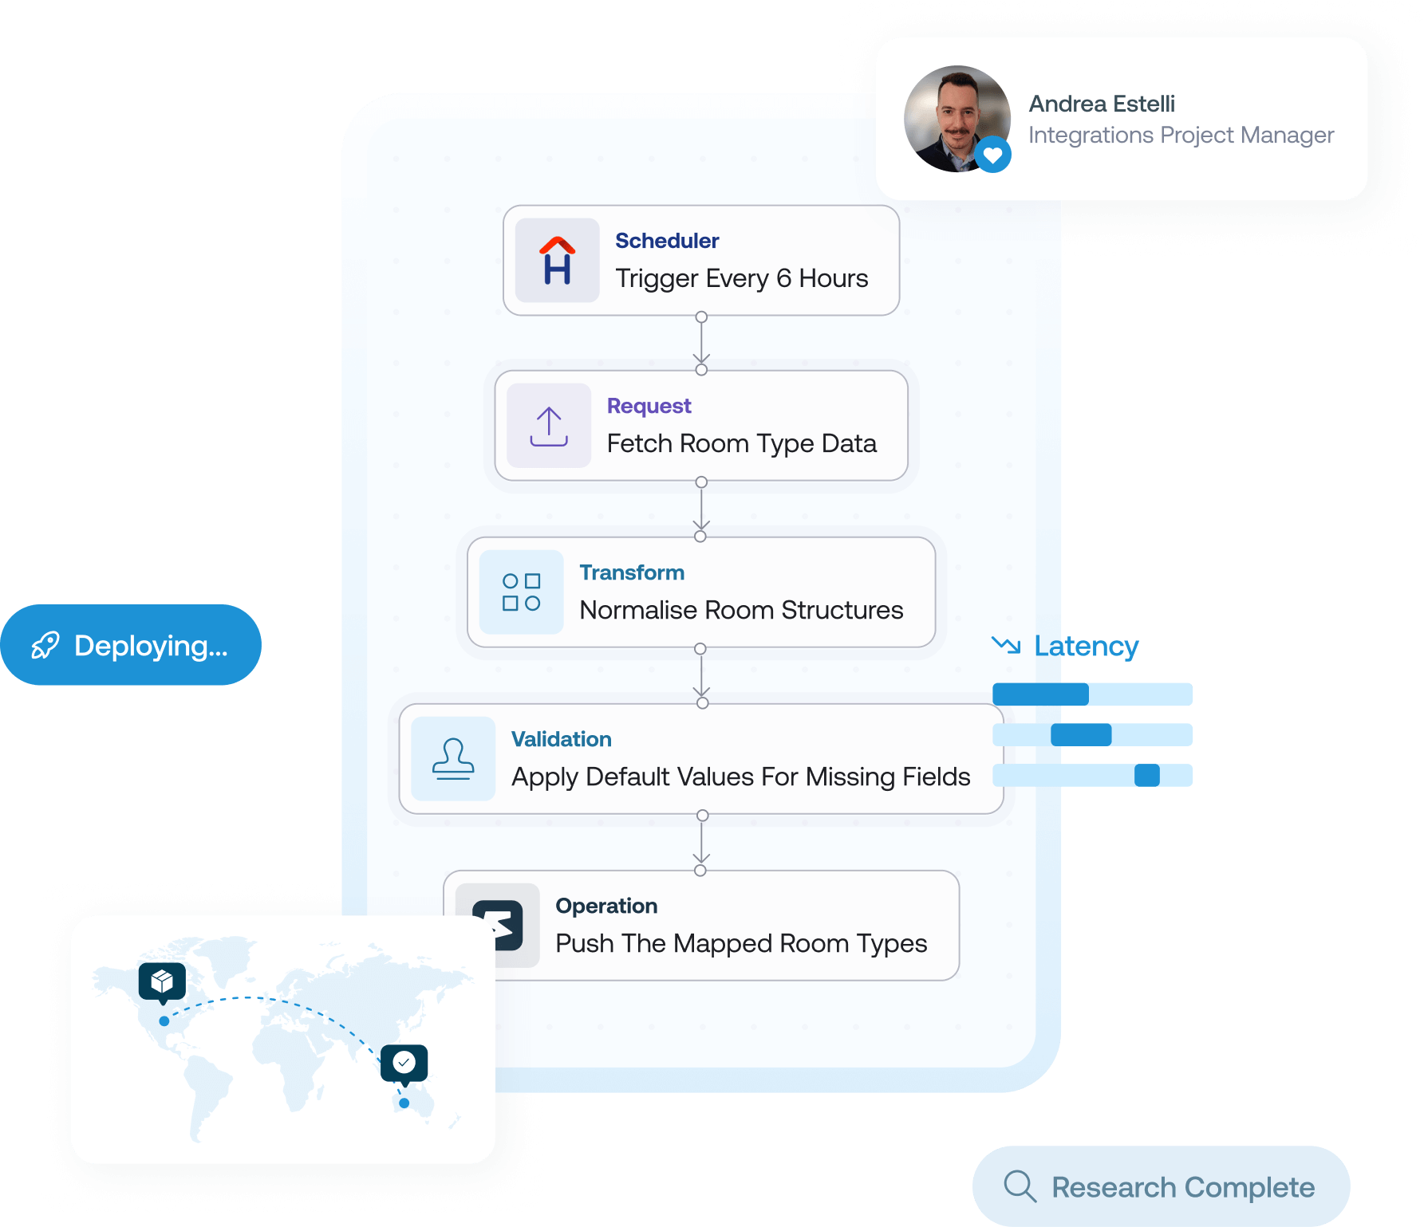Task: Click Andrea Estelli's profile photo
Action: (956, 118)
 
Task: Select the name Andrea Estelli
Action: (1101, 104)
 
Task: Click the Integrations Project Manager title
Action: (1180, 136)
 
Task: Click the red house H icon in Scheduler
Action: (557, 260)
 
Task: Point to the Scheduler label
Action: (667, 241)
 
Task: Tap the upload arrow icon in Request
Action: (549, 426)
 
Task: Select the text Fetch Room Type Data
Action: (741, 443)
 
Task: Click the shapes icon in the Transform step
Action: (521, 592)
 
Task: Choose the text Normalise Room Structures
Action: (741, 610)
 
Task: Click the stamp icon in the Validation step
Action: (453, 758)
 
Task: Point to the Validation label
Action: (561, 739)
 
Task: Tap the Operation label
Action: (606, 906)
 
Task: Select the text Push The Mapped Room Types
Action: (741, 943)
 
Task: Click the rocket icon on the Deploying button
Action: (45, 645)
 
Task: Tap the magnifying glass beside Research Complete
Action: (1020, 1186)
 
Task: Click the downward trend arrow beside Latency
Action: (1006, 644)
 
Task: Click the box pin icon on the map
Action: (162, 981)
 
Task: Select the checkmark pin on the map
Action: (404, 1063)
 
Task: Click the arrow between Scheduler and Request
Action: (701, 344)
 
